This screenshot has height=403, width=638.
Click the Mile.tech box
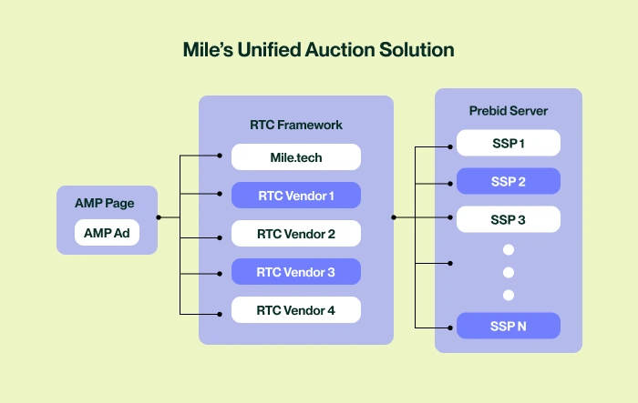click(x=296, y=157)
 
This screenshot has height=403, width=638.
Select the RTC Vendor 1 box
click(x=296, y=196)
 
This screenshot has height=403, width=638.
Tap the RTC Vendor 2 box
click(x=296, y=234)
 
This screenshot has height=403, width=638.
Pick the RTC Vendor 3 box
click(x=296, y=272)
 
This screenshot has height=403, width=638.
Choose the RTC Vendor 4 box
click(x=296, y=310)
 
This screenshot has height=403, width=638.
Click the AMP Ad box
click(x=107, y=234)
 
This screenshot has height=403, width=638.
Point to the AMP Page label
click(x=107, y=203)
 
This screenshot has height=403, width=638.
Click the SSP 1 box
click(x=509, y=144)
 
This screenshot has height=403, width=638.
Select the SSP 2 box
click(x=509, y=182)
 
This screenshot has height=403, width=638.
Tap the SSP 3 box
click(x=509, y=219)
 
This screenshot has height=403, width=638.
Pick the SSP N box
click(x=509, y=327)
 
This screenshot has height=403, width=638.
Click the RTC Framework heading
click(x=296, y=124)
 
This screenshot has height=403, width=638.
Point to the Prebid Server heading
click(x=509, y=111)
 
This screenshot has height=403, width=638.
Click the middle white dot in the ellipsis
click(x=509, y=272)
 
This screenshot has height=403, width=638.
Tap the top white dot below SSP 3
click(x=509, y=249)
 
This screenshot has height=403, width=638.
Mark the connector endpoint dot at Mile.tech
click(x=220, y=157)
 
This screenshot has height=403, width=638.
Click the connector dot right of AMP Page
click(x=159, y=217)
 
